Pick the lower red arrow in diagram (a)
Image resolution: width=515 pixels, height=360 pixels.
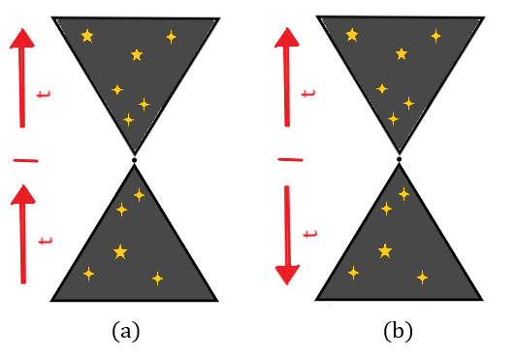[23, 233]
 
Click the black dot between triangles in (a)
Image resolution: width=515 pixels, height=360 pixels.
[134, 158]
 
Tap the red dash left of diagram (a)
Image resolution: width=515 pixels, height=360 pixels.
[26, 159]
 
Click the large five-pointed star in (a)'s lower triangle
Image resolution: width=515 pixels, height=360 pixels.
[120, 252]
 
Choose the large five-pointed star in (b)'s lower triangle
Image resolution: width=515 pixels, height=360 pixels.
[385, 251]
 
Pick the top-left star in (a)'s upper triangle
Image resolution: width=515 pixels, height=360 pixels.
[87, 37]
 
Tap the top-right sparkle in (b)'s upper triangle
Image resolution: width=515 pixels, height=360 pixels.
[435, 36]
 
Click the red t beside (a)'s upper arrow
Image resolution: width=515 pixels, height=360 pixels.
[42, 94]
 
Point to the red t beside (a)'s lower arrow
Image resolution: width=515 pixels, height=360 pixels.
[42, 239]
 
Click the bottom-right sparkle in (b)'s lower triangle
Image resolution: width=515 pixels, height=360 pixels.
[422, 278]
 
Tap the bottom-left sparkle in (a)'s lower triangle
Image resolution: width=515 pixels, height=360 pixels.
[89, 274]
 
